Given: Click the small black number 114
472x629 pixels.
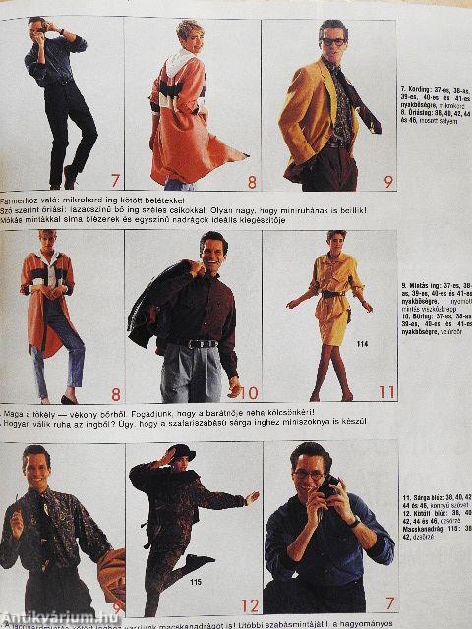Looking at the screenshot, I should pyautogui.click(x=362, y=344).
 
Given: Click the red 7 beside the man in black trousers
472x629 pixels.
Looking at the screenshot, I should pyautogui.click(x=115, y=180).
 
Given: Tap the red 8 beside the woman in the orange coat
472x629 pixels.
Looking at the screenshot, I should pyautogui.click(x=251, y=181).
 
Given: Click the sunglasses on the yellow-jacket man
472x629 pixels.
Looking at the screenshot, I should pyautogui.click(x=332, y=42).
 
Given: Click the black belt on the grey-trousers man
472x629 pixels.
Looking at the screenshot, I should pyautogui.click(x=203, y=343).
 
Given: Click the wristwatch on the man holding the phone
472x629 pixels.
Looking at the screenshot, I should pyautogui.click(x=353, y=521).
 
